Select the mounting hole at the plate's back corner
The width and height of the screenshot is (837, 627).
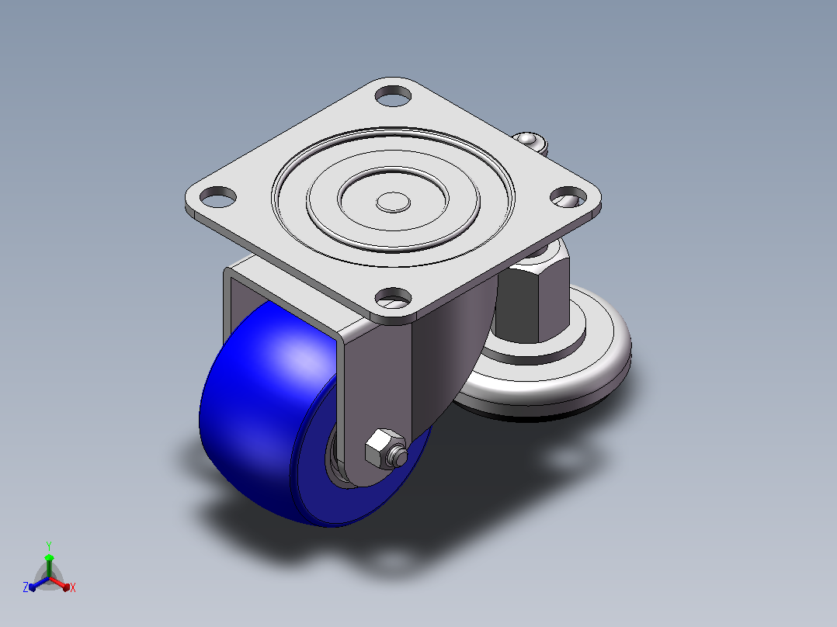point(394,95)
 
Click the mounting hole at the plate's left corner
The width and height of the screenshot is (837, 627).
point(217,197)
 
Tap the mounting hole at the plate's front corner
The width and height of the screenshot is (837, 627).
point(394,297)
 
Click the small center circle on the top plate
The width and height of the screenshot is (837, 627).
point(394,203)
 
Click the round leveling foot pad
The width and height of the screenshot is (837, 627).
point(550,368)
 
